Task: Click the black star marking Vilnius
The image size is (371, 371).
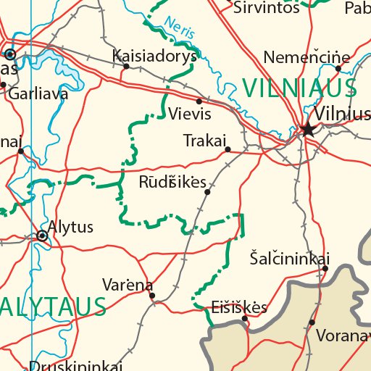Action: pos(308,130)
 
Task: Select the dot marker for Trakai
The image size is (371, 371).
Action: pos(228,150)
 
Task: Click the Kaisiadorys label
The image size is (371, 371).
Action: pos(155,56)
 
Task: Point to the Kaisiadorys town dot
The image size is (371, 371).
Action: pos(126,66)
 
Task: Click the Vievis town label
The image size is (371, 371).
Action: pos(189,114)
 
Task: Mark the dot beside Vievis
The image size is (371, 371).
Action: pos(199,101)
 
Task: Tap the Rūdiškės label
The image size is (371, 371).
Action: pos(172,181)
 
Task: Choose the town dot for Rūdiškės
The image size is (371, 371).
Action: pos(208,192)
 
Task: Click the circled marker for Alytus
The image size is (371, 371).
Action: pos(42,235)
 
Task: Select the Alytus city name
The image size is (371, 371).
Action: pos(70,227)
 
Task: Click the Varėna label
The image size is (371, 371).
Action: pos(128,283)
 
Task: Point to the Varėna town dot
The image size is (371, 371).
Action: pos(152,295)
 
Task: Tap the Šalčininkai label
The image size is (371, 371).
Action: pos(289,258)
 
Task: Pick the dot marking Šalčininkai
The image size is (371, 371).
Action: pos(325,269)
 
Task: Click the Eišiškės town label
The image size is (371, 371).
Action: pos(239,307)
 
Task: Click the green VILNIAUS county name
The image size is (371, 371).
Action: pos(299,88)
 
